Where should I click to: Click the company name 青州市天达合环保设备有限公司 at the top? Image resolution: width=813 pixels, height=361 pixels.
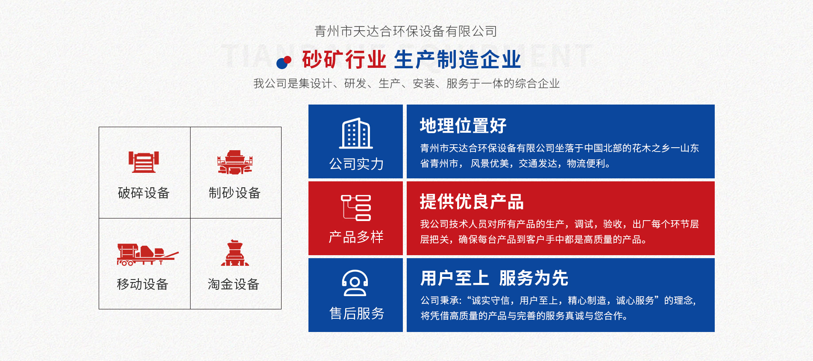(406, 31)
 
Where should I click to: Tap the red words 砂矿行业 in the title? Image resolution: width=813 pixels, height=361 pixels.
(344, 59)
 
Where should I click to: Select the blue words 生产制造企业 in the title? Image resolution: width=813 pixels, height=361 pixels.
(458, 59)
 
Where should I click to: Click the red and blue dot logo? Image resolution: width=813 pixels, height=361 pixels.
(284, 62)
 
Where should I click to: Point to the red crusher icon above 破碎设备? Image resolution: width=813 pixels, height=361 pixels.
(144, 162)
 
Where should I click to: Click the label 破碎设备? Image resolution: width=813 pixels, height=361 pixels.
(144, 193)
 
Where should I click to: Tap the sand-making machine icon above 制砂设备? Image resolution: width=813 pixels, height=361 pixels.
(235, 162)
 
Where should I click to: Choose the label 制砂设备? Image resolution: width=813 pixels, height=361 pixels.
(235, 193)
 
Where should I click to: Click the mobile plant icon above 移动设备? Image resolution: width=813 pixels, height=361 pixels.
(148, 255)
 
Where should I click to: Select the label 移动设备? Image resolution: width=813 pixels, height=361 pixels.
(143, 284)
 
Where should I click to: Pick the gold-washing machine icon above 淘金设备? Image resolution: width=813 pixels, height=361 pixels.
(235, 253)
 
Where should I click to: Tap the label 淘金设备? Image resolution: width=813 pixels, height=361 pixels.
(234, 284)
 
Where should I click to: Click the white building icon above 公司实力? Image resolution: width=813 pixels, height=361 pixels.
(356, 133)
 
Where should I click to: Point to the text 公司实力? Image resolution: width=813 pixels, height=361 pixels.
(356, 164)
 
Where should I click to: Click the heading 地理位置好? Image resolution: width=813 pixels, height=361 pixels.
(463, 126)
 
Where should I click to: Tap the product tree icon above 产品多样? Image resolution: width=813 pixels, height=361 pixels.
(356, 208)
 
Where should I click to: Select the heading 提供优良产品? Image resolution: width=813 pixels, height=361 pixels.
(472, 202)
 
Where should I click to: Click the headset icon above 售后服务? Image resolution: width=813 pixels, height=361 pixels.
(355, 283)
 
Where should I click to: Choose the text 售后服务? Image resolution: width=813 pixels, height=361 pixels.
(357, 314)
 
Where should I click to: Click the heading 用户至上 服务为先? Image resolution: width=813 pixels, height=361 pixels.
(494, 278)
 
